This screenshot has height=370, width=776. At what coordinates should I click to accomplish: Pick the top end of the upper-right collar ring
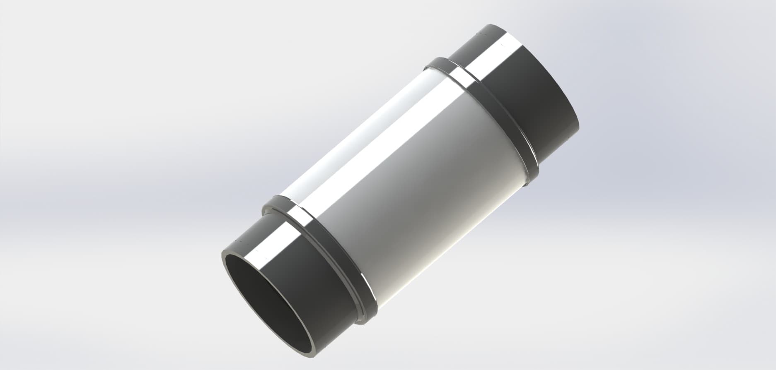coord(435,62)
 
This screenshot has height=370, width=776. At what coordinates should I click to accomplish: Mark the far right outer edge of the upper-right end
coord(578,124)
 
